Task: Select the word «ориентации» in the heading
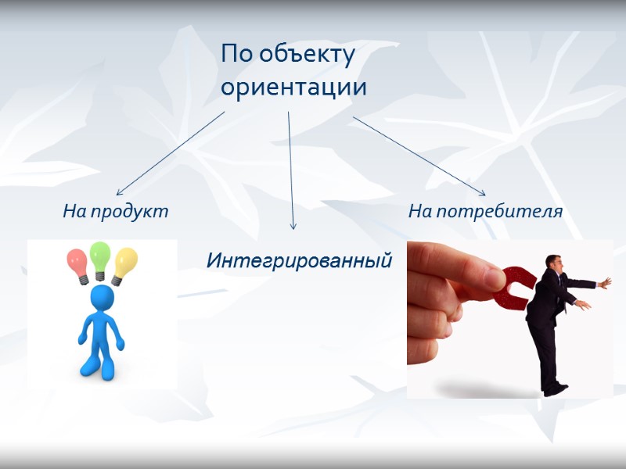click(293, 87)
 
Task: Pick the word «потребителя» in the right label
click(499, 211)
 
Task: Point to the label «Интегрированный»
click(299, 260)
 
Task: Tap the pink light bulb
click(78, 261)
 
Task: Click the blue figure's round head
click(102, 298)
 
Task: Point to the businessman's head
click(554, 263)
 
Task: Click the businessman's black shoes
click(555, 387)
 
